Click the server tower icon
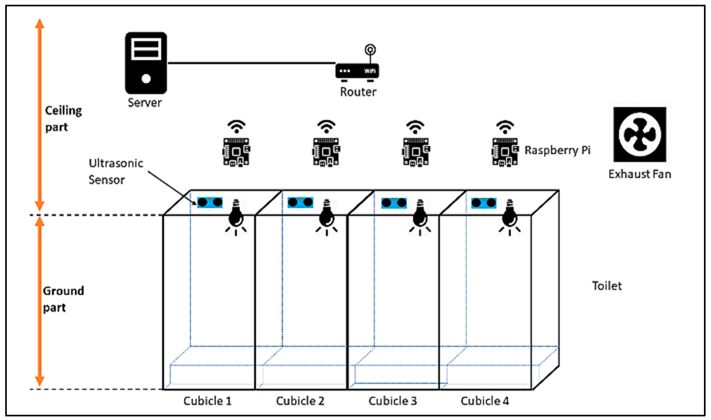point(146,63)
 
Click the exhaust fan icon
point(640,134)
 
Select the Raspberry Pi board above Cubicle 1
point(236,152)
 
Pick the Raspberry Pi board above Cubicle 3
point(416,152)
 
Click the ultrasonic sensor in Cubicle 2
point(300,202)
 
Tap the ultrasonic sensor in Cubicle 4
point(483,203)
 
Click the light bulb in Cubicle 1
point(236,216)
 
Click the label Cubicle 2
point(300,401)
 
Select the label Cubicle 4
point(485,401)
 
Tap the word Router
point(358,92)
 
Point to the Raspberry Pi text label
point(557,150)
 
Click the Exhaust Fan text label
point(640,174)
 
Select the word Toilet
point(607,286)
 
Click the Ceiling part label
point(63,119)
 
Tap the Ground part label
point(63,299)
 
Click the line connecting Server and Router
point(252,63)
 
